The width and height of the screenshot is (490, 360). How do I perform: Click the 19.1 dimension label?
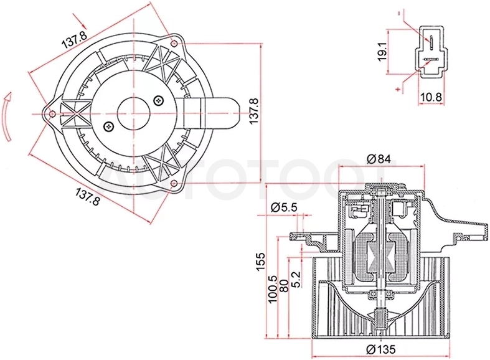382,52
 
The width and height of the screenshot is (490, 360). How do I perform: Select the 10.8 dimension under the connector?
431,98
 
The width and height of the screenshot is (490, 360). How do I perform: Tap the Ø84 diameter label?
379,159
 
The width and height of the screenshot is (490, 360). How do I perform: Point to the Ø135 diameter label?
381,349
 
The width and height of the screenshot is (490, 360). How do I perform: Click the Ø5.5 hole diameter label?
284,207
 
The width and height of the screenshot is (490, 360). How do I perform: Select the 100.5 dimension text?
273,288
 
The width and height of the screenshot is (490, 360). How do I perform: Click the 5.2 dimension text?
295,279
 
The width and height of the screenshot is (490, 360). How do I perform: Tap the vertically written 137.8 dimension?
254,111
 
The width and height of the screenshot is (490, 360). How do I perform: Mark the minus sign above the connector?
399,13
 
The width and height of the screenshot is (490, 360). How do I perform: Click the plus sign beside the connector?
398,89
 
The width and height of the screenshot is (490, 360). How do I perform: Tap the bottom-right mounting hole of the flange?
174,183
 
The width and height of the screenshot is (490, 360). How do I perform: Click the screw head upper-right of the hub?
159,100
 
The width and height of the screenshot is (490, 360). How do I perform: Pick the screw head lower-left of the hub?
108,126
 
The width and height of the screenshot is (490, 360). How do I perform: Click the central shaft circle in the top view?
133,114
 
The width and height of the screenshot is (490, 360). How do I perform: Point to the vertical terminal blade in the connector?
431,43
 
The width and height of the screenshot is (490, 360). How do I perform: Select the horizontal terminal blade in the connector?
431,59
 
